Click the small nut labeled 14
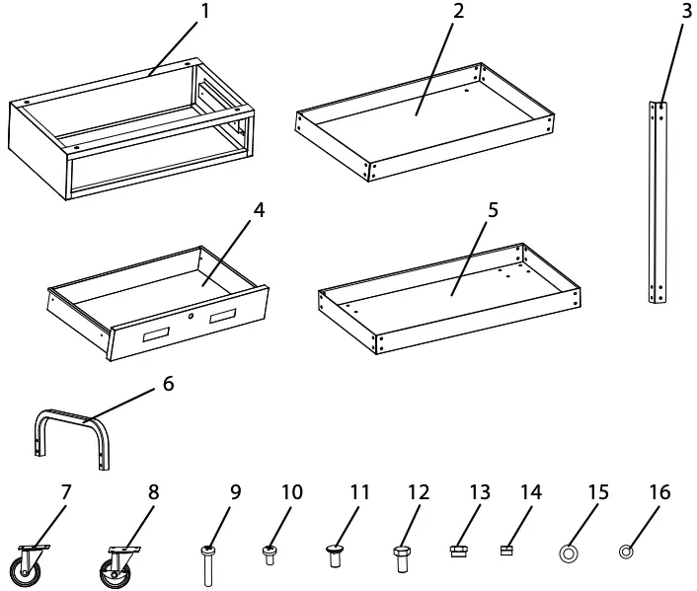pyautogui.click(x=507, y=552)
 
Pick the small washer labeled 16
pyautogui.click(x=625, y=553)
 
